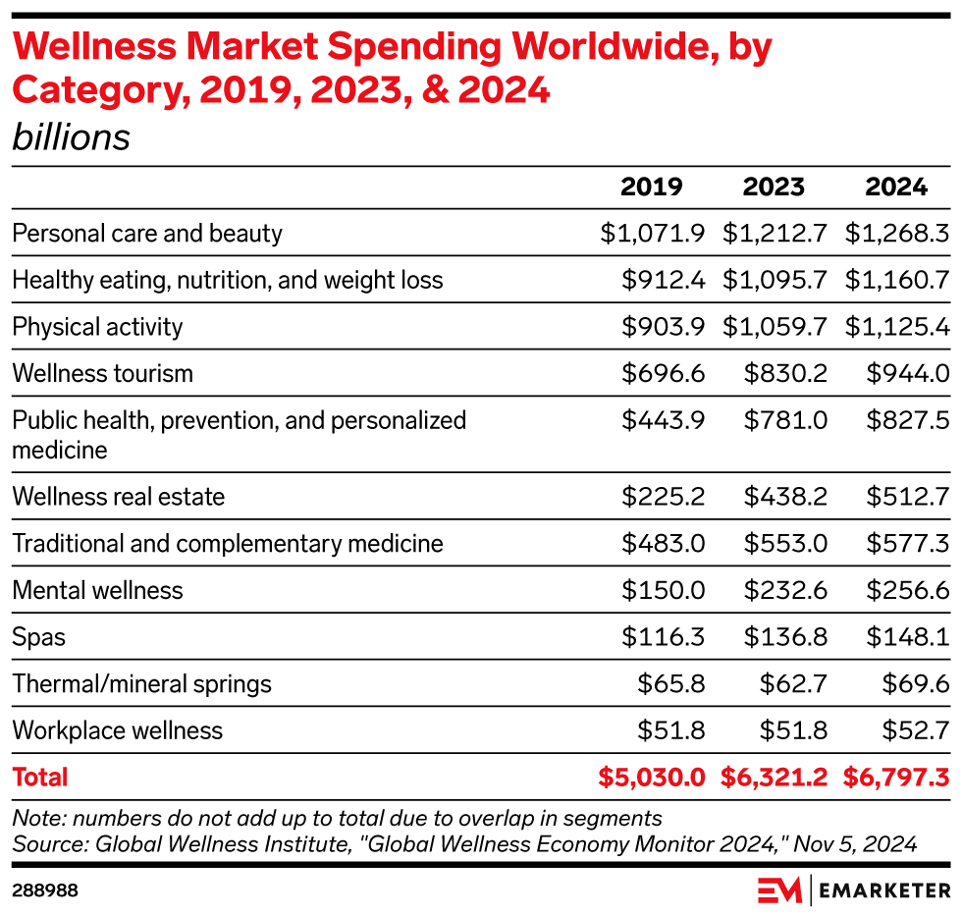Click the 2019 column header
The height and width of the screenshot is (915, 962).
651,188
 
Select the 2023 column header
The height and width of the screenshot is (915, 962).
774,188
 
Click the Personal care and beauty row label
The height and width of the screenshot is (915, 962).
147,234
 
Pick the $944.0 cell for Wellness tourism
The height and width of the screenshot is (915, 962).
907,374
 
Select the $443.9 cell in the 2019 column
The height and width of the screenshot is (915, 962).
664,420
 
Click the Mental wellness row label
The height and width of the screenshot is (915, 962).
97,591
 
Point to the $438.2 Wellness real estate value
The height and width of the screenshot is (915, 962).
785,497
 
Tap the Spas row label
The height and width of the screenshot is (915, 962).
38,638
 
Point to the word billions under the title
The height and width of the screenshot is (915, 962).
71,137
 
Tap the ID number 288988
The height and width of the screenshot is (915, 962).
45,890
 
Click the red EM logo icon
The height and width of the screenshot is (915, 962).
780,890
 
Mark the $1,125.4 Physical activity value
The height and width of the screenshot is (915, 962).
896,327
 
